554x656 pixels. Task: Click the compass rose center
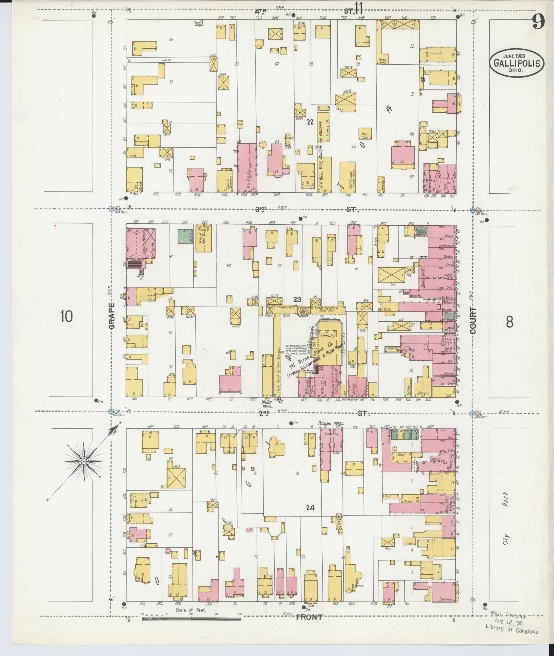point(84,461)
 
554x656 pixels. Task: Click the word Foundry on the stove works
point(328,335)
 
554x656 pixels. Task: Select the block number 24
point(310,517)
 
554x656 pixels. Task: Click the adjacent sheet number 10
point(66,316)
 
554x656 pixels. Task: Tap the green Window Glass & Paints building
point(422,230)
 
